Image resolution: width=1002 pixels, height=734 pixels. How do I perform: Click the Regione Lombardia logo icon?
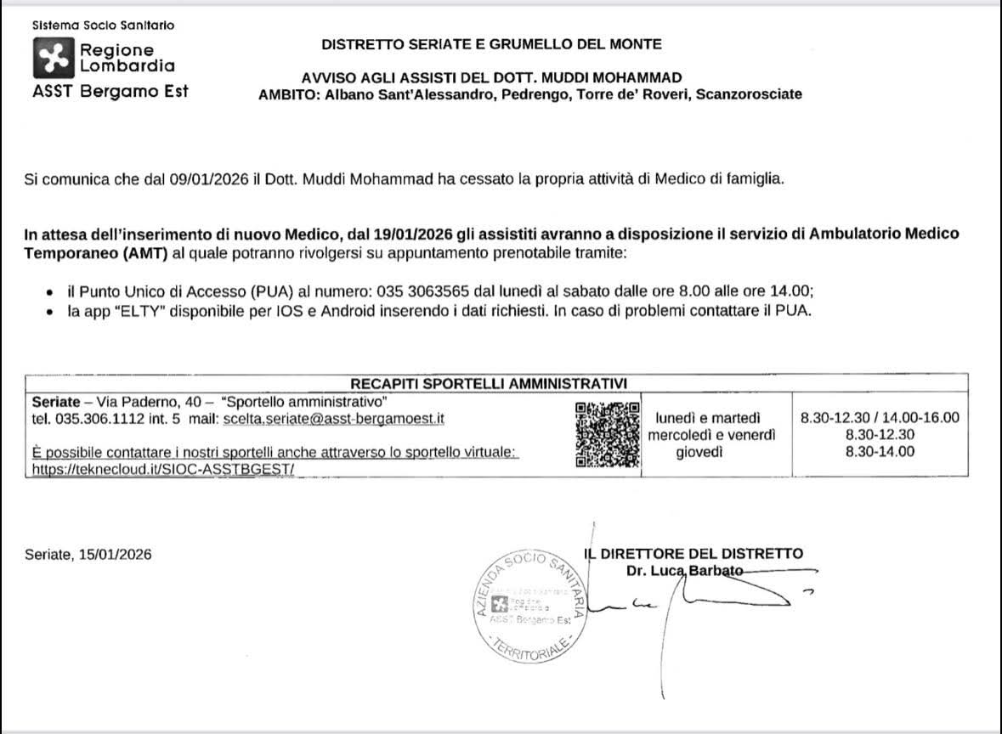pos(54,58)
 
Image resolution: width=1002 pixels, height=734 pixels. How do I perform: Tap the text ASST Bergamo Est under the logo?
pos(110,92)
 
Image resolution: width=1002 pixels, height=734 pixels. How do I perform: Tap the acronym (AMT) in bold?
pos(123,253)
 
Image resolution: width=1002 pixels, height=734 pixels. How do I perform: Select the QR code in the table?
pos(607,434)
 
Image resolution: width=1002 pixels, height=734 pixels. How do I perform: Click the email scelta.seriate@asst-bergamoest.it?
pos(333,419)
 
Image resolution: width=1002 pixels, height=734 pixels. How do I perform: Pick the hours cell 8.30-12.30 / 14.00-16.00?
pos(880,418)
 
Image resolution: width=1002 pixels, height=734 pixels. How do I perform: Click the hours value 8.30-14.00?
pos(880,452)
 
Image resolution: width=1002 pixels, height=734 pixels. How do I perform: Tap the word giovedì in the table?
pos(699,452)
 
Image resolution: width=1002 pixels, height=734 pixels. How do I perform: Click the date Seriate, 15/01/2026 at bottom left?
pos(88,555)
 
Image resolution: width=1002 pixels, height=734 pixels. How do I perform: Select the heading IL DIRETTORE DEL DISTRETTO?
pos(694,554)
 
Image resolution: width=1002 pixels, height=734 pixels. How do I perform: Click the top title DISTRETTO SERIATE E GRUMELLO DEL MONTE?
pos(491,44)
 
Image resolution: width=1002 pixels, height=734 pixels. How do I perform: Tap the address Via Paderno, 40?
pos(149,401)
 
